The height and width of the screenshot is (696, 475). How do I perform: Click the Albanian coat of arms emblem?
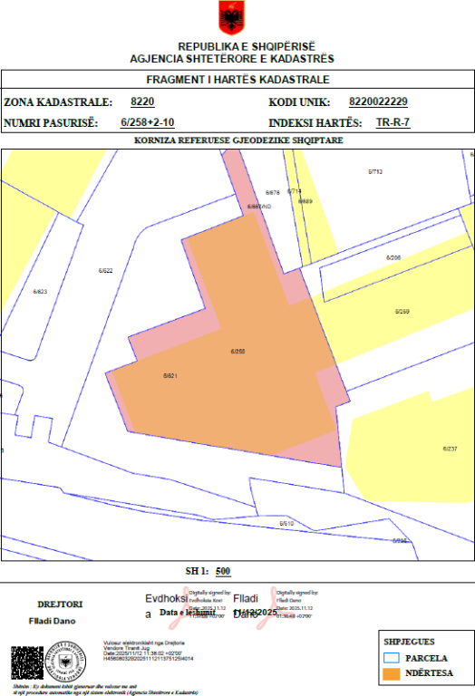232,17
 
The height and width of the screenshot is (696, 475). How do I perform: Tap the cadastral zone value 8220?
142,101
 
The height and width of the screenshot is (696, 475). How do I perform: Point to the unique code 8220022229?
378,101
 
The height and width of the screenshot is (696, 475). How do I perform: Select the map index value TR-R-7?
393,121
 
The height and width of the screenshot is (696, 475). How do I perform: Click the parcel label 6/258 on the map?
238,351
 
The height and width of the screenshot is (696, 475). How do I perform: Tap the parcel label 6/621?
170,375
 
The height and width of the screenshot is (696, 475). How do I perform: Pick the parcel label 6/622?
105,270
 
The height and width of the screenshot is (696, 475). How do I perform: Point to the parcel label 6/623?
40,291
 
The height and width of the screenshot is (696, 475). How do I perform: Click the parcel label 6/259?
402,311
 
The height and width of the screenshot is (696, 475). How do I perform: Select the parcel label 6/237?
449,449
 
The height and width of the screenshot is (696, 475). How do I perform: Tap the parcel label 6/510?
286,524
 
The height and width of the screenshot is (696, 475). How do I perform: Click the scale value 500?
224,571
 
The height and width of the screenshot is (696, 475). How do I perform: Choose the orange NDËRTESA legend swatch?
392,673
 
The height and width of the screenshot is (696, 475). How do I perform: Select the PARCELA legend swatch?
392,657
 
